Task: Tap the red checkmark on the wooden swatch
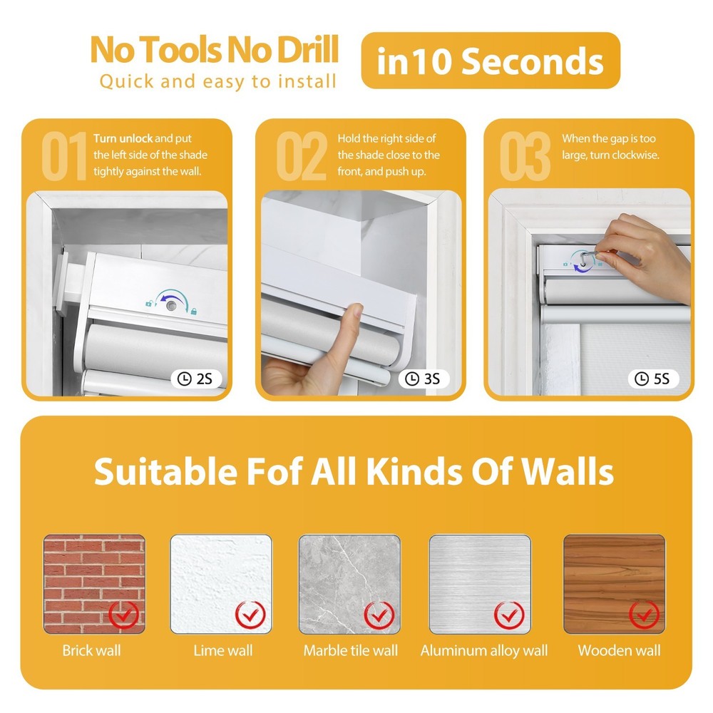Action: [644, 613]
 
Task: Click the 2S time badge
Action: [195, 379]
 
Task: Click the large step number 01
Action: [64, 157]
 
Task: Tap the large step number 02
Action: [300, 157]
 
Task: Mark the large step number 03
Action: [525, 157]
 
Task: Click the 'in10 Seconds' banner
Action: [491, 61]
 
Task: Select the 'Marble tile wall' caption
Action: [350, 650]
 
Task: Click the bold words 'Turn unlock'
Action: [123, 138]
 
